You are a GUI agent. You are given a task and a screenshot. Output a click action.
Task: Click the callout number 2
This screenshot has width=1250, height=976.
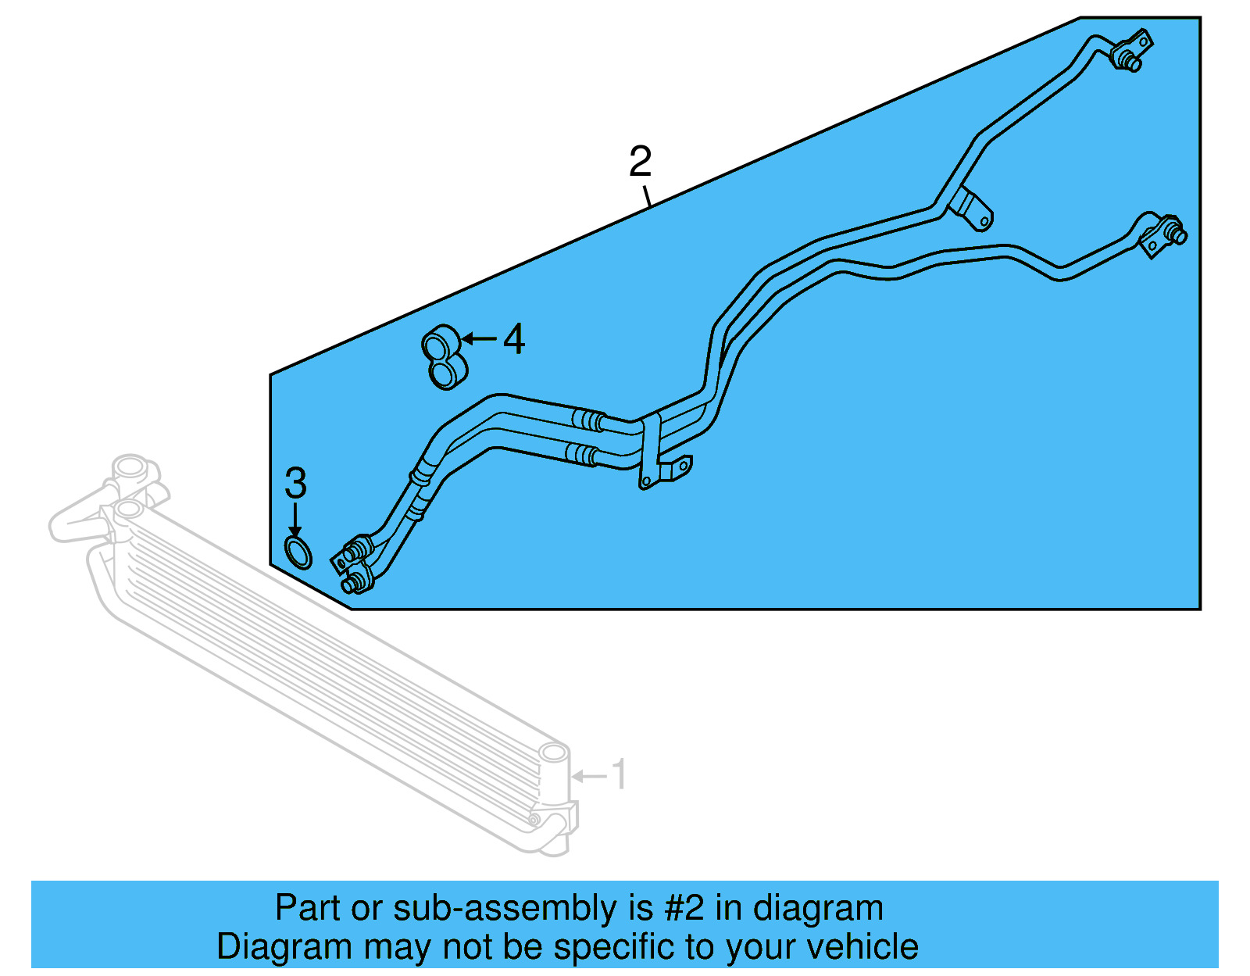pos(640,161)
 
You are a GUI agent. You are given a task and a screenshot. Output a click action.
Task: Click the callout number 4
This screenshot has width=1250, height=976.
pos(514,339)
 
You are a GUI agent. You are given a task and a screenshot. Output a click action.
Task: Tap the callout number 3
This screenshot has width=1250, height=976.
pos(295,483)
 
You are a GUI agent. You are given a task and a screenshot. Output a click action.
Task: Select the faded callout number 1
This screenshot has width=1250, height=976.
pos(619,774)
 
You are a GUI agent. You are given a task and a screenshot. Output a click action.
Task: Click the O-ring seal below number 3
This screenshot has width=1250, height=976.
pos(298,552)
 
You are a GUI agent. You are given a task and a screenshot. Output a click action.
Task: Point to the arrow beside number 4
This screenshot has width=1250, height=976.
pos(479,339)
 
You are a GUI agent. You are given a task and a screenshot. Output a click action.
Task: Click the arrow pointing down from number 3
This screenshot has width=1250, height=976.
pos(295,519)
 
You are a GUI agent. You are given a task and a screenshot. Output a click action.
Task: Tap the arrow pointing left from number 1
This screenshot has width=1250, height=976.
pos(590,776)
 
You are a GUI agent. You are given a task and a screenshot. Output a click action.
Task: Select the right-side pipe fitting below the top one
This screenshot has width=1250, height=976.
pos(1163,234)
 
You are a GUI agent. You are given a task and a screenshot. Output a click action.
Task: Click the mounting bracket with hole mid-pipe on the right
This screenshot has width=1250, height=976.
pos(973,209)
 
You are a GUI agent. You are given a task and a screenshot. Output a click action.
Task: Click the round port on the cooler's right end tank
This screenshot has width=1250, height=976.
pos(553,753)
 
